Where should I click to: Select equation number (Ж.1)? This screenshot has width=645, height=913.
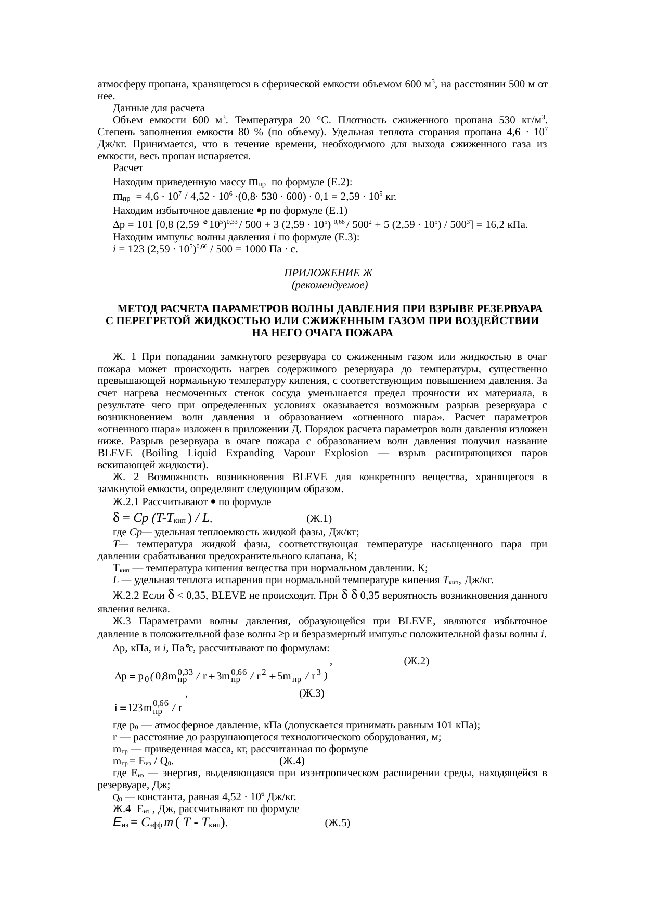319,519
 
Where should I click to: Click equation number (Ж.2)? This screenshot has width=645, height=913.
416,662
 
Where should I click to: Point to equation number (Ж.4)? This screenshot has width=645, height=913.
292,762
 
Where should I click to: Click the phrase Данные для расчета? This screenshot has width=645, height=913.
159,108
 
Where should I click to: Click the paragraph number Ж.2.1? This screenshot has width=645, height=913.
126,502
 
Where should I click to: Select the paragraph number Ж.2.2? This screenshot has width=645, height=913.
127,595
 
